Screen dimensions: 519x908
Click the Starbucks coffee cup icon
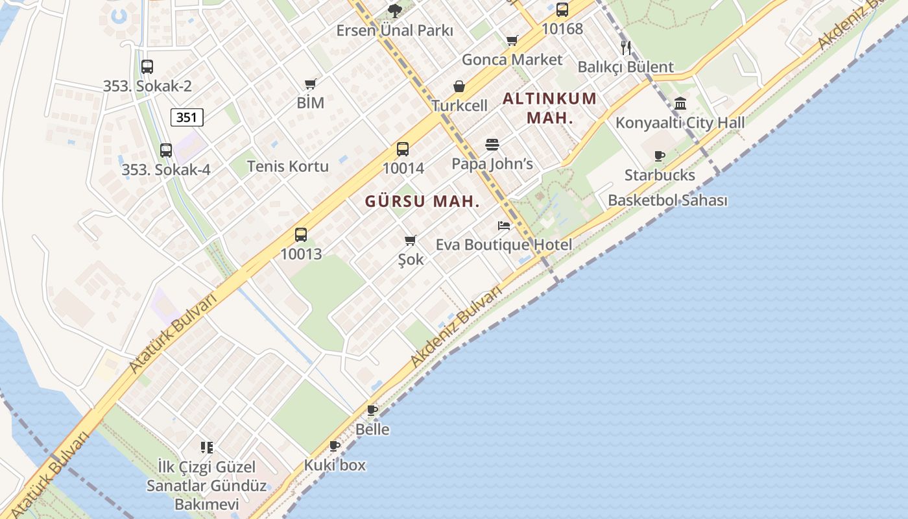tap(660, 156)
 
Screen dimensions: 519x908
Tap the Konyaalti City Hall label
tap(680, 123)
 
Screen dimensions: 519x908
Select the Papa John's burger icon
tap(492, 144)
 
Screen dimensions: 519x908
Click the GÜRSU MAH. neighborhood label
tap(422, 201)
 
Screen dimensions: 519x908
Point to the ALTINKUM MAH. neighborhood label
tap(549, 108)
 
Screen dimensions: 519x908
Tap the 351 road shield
tap(187, 117)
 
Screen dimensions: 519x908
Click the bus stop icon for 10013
tap(301, 234)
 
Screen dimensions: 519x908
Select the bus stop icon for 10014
tap(403, 149)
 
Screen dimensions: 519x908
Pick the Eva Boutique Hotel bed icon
tap(504, 226)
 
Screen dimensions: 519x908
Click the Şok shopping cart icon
tap(410, 241)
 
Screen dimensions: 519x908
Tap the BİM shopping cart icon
tap(310, 84)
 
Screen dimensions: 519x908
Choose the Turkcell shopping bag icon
tap(459, 86)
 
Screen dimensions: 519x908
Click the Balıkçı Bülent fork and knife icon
tap(625, 47)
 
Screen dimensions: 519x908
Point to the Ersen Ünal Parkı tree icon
tap(394, 10)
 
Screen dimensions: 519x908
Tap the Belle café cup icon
tap(372, 410)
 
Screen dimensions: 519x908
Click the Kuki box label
tap(335, 465)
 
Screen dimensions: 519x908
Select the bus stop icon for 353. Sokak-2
tap(147, 66)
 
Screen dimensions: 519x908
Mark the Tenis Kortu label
tap(288, 166)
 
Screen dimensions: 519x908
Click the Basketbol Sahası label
tap(667, 200)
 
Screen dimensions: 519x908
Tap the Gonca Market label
tap(512, 60)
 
